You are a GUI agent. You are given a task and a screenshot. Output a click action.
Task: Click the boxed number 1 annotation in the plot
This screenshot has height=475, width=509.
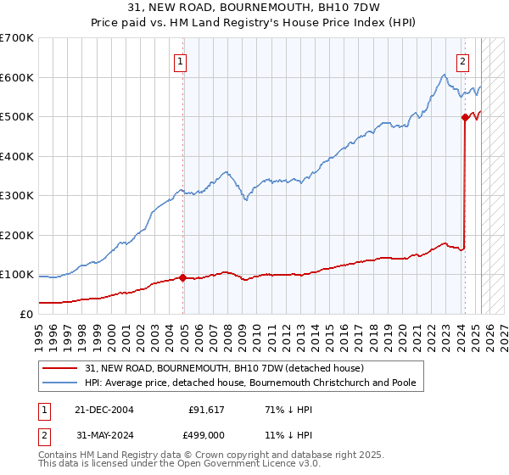[x=182, y=61]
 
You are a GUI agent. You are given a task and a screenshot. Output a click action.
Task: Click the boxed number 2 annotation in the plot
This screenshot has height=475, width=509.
[x=463, y=61]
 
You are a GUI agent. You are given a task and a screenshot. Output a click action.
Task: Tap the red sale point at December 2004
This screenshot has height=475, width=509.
[x=182, y=277]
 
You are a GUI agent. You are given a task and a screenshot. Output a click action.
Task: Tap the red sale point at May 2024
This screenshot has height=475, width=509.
[x=465, y=118]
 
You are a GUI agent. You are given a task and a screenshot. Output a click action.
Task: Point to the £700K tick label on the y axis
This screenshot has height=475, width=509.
[x=17, y=38]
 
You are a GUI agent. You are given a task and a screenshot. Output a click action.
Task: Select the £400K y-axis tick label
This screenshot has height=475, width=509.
[x=17, y=156]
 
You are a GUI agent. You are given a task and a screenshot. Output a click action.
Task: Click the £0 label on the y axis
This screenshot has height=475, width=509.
[x=26, y=314]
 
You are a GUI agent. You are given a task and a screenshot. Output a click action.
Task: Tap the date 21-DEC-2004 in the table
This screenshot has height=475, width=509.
[x=104, y=409]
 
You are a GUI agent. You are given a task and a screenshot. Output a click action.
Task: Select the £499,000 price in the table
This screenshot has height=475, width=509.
[x=207, y=434]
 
